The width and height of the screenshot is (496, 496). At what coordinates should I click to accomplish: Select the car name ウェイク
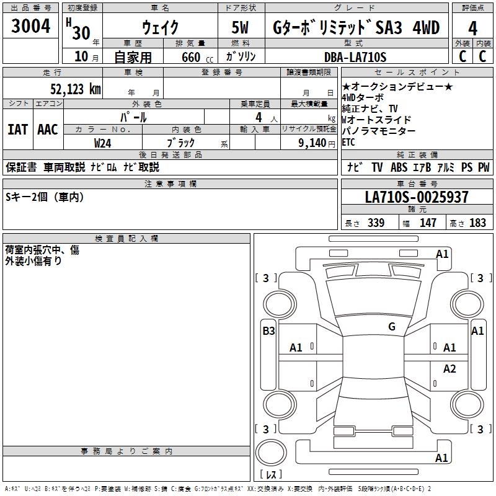(160, 27)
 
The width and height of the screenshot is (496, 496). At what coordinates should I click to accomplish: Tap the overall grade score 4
(472, 28)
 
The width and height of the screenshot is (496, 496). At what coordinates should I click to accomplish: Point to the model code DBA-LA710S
(356, 57)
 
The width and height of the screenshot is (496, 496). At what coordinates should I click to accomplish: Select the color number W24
(103, 143)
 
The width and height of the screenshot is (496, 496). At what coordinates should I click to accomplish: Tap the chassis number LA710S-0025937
(417, 197)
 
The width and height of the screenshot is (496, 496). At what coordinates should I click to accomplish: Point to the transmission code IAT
(17, 129)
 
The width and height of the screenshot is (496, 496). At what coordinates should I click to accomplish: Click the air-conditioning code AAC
(47, 129)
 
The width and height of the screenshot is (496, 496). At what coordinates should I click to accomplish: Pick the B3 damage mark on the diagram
(268, 330)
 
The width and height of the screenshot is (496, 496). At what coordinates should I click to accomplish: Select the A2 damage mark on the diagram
(449, 369)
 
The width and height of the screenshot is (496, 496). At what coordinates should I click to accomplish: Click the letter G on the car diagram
(391, 326)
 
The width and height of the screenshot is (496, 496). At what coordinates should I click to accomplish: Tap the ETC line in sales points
(350, 142)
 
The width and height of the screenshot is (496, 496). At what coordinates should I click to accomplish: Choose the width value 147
(428, 223)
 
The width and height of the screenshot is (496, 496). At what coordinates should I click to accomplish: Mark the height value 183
(477, 223)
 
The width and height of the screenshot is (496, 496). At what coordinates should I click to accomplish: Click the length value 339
(376, 223)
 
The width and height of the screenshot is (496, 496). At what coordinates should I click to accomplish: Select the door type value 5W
(241, 27)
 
